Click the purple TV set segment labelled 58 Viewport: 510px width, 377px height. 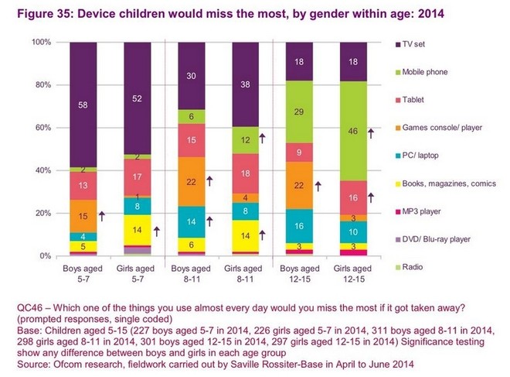point(83,103)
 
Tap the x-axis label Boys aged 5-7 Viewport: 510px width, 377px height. point(83,272)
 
